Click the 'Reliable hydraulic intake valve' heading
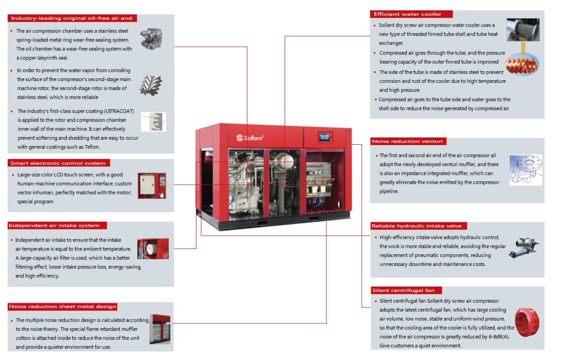(416, 226)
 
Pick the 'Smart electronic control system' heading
(59, 163)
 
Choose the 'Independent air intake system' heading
(54, 225)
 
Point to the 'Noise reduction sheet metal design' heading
(63, 307)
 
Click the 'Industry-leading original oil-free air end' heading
(72, 18)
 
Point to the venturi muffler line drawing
(526, 170)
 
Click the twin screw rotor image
(151, 84)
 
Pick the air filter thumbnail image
(153, 249)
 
